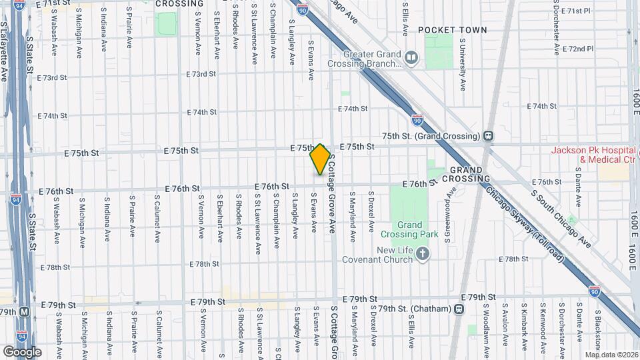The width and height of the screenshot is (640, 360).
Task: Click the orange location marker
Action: point(320,159)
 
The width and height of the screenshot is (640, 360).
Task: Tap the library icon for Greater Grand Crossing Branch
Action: point(411,59)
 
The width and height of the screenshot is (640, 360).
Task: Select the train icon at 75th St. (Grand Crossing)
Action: point(489,136)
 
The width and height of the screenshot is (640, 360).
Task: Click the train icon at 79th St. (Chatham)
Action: point(459,309)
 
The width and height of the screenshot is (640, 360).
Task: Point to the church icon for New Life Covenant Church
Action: point(422,253)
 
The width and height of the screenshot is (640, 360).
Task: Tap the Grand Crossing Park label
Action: point(409,229)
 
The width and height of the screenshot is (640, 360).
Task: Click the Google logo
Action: point(22,351)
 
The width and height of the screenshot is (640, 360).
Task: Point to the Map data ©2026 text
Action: point(611,355)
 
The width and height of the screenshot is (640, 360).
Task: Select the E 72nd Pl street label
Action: point(577,49)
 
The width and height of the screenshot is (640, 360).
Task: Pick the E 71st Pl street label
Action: point(576,11)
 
